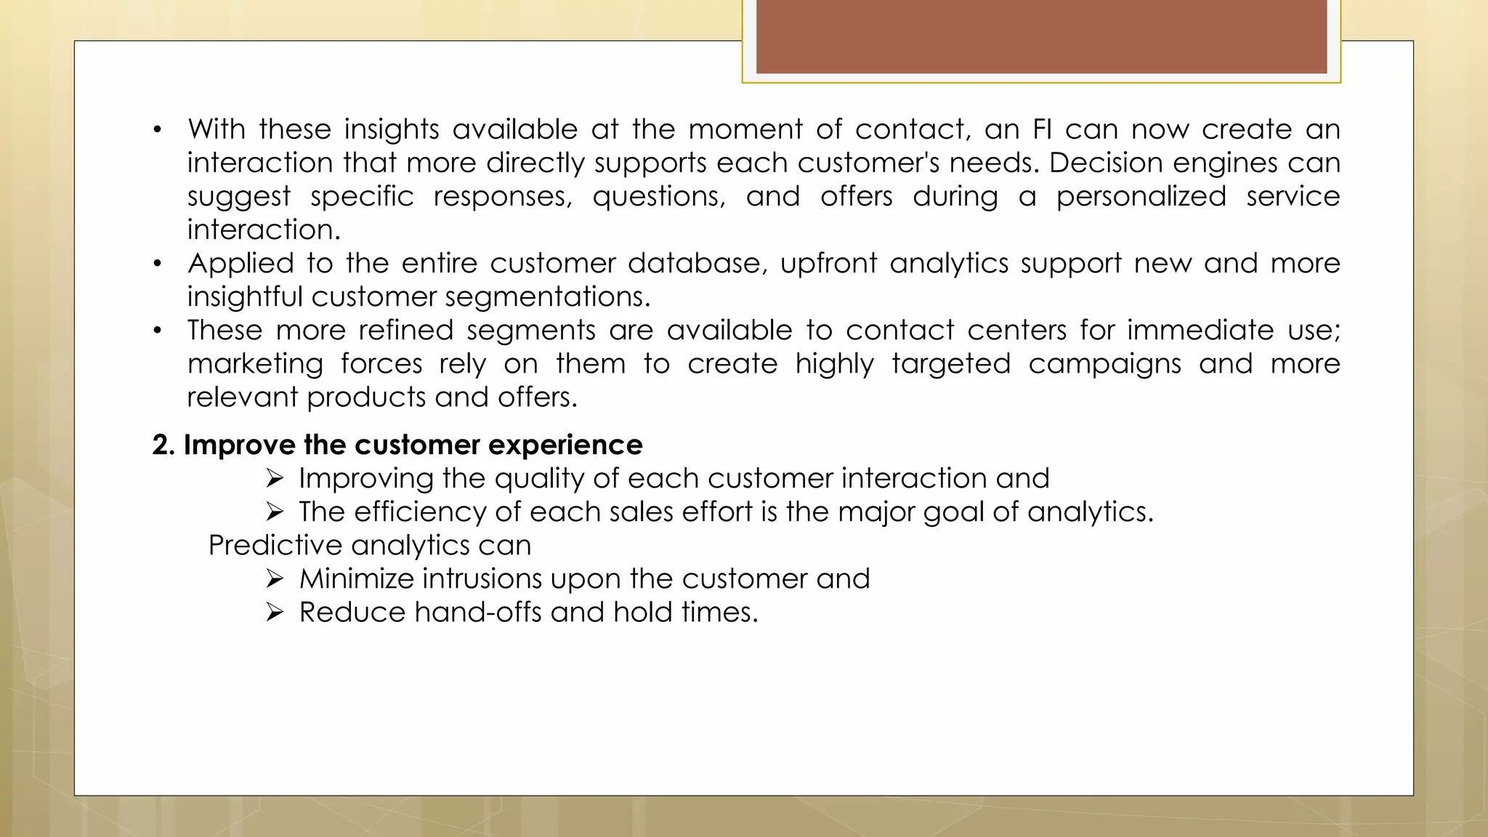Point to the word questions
658,197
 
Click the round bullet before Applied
157,264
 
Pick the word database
697,264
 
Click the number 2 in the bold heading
161,445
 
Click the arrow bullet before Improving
274,479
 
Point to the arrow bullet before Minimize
274,579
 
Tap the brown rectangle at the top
1041,36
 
